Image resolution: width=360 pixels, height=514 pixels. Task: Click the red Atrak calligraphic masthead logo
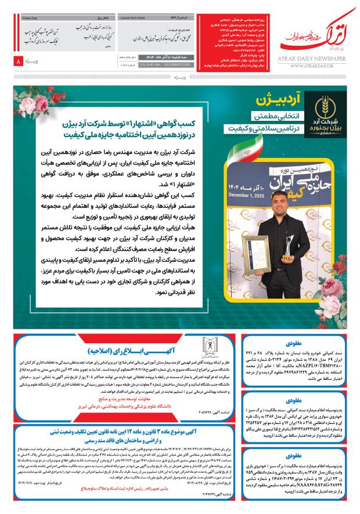314,42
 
